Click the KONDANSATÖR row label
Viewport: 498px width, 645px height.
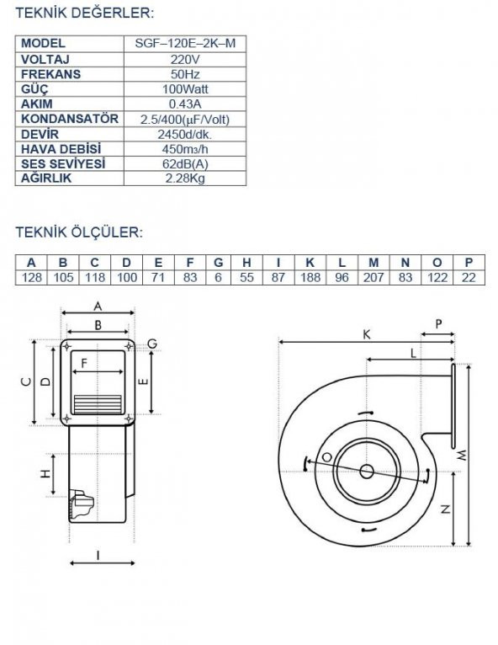(x=69, y=119)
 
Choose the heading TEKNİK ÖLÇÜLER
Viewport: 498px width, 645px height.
(x=79, y=232)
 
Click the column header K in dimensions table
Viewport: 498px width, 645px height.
(x=310, y=263)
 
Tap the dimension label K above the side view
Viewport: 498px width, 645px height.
(x=367, y=334)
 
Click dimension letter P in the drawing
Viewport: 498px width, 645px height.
(x=437, y=324)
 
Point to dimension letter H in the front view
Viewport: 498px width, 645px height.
(x=45, y=474)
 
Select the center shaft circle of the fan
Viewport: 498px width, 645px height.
(x=367, y=472)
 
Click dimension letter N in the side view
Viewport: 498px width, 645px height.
(x=445, y=509)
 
